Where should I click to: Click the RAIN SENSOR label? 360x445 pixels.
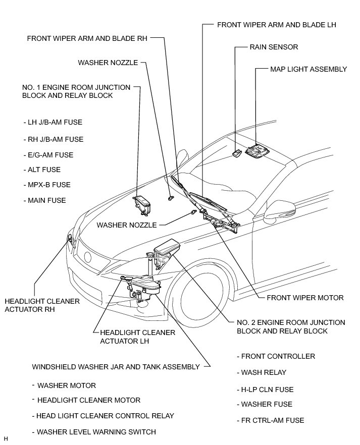click(274, 47)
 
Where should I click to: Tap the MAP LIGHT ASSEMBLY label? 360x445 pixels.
click(308, 69)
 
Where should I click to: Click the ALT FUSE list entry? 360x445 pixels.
click(42, 170)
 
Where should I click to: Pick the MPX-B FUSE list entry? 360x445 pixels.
click(46, 185)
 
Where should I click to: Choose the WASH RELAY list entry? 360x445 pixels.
click(263, 372)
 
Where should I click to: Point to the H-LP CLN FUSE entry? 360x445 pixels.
click(266, 390)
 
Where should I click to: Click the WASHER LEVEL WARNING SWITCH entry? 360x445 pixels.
click(93, 432)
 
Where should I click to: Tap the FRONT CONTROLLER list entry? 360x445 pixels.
click(277, 356)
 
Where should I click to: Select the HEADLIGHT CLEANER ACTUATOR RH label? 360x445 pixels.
click(42, 305)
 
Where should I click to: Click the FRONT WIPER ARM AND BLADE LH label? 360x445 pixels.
click(276, 24)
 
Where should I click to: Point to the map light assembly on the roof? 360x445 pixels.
click(258, 152)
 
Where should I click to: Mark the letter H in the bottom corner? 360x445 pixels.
click(6, 439)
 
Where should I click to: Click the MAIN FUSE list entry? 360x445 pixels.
click(44, 200)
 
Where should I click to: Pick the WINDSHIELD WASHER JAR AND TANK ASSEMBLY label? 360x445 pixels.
click(116, 367)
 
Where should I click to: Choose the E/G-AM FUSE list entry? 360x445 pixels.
click(48, 155)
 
